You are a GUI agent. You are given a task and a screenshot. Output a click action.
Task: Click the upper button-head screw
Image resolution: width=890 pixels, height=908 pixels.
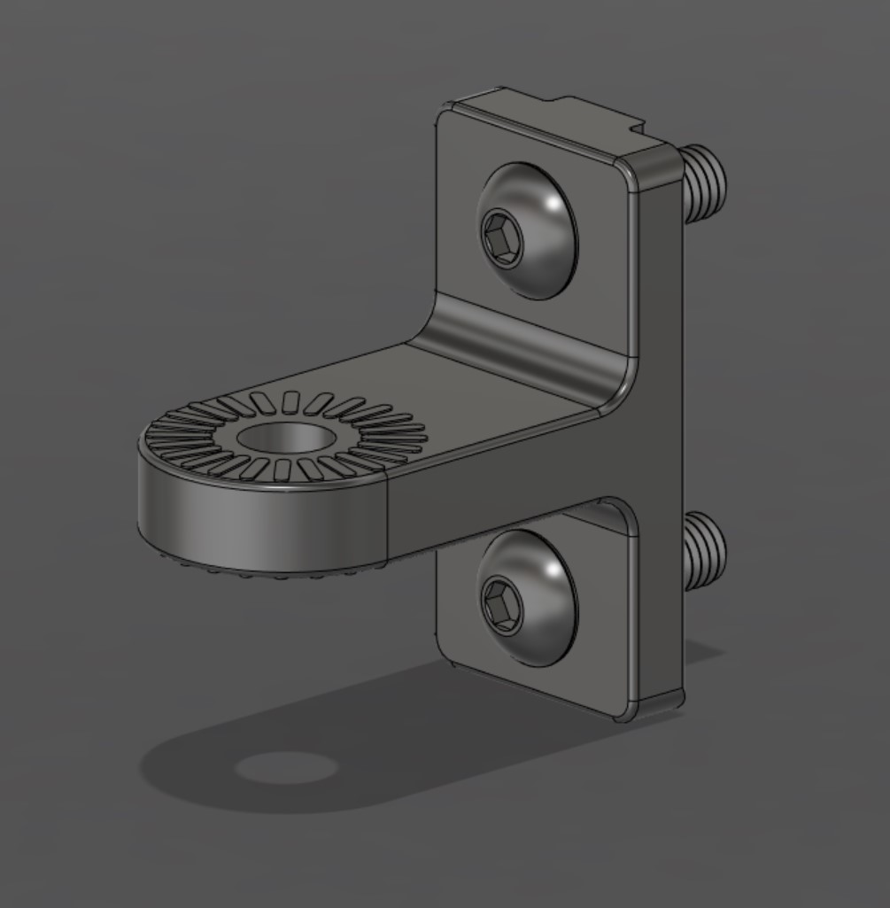coord(527,230)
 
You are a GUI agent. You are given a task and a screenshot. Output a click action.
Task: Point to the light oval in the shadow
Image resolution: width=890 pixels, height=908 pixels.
coord(285,767)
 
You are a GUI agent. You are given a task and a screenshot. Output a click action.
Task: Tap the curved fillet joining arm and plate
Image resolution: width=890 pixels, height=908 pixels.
coord(522,341)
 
